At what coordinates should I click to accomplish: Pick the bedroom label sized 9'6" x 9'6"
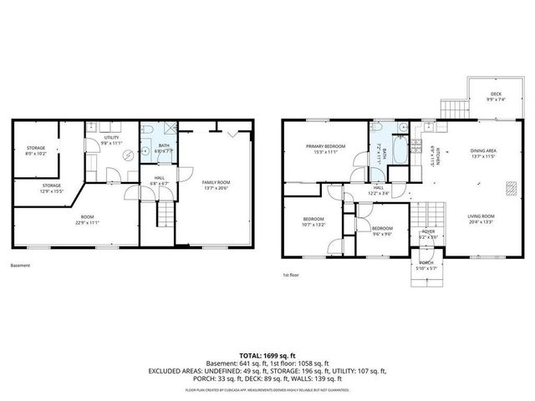click(382, 230)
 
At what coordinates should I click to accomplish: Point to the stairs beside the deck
click(450, 108)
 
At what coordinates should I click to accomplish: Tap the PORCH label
click(427, 265)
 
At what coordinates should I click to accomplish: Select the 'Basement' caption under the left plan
click(20, 266)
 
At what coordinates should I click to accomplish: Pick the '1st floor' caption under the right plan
click(291, 273)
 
